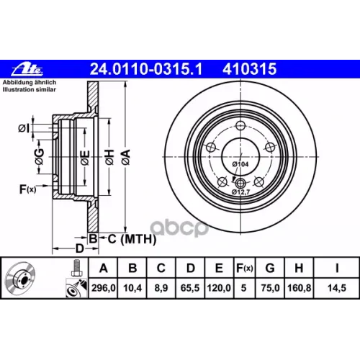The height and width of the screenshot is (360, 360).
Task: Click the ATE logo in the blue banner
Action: pos(27,69)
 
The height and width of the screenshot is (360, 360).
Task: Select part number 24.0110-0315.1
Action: pos(146,69)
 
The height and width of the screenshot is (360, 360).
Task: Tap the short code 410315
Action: pos(250,69)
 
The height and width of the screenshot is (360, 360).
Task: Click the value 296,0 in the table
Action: pos(104,287)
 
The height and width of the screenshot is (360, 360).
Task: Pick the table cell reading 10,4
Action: pos(132,287)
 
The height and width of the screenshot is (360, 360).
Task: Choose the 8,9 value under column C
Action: pos(161,287)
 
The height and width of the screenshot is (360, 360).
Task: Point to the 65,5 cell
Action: pos(190,287)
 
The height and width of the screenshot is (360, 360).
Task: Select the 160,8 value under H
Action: pos(299,287)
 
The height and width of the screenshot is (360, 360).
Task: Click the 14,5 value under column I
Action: pos(337,287)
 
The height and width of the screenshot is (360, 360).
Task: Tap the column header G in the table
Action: pos(270,268)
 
